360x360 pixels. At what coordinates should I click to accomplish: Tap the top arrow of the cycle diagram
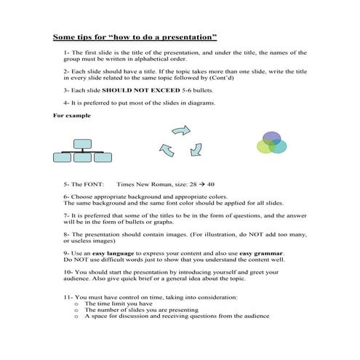180,131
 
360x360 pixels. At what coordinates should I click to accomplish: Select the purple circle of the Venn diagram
272,138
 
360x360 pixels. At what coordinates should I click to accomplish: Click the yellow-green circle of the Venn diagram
265,147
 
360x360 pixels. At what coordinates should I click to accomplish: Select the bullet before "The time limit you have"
77,305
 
